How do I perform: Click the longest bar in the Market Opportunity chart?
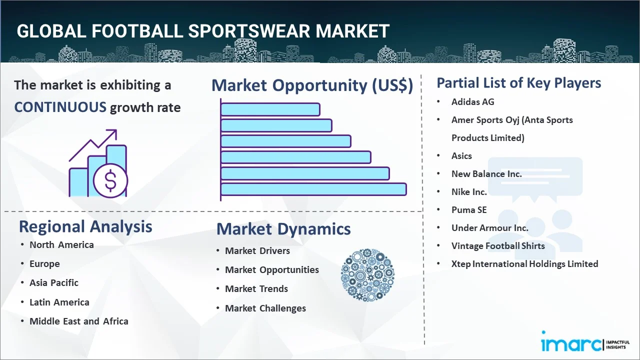[313, 189]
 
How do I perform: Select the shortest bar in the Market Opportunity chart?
[270, 109]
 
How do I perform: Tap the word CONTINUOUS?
[60, 107]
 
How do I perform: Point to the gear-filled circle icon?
[367, 275]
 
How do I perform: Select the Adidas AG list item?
[472, 101]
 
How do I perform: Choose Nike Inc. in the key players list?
[468, 191]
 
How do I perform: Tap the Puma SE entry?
[468, 209]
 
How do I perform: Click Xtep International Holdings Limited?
[524, 263]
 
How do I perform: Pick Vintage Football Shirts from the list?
[498, 245]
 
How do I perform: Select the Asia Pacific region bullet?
[54, 282]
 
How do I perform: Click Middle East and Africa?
[78, 321]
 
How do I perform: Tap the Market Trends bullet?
[256, 288]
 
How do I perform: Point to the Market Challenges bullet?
[265, 308]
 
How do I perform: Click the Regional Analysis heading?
[85, 226]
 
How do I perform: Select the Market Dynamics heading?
[283, 229]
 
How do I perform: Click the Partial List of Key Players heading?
[518, 82]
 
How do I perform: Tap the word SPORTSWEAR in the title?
[249, 31]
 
